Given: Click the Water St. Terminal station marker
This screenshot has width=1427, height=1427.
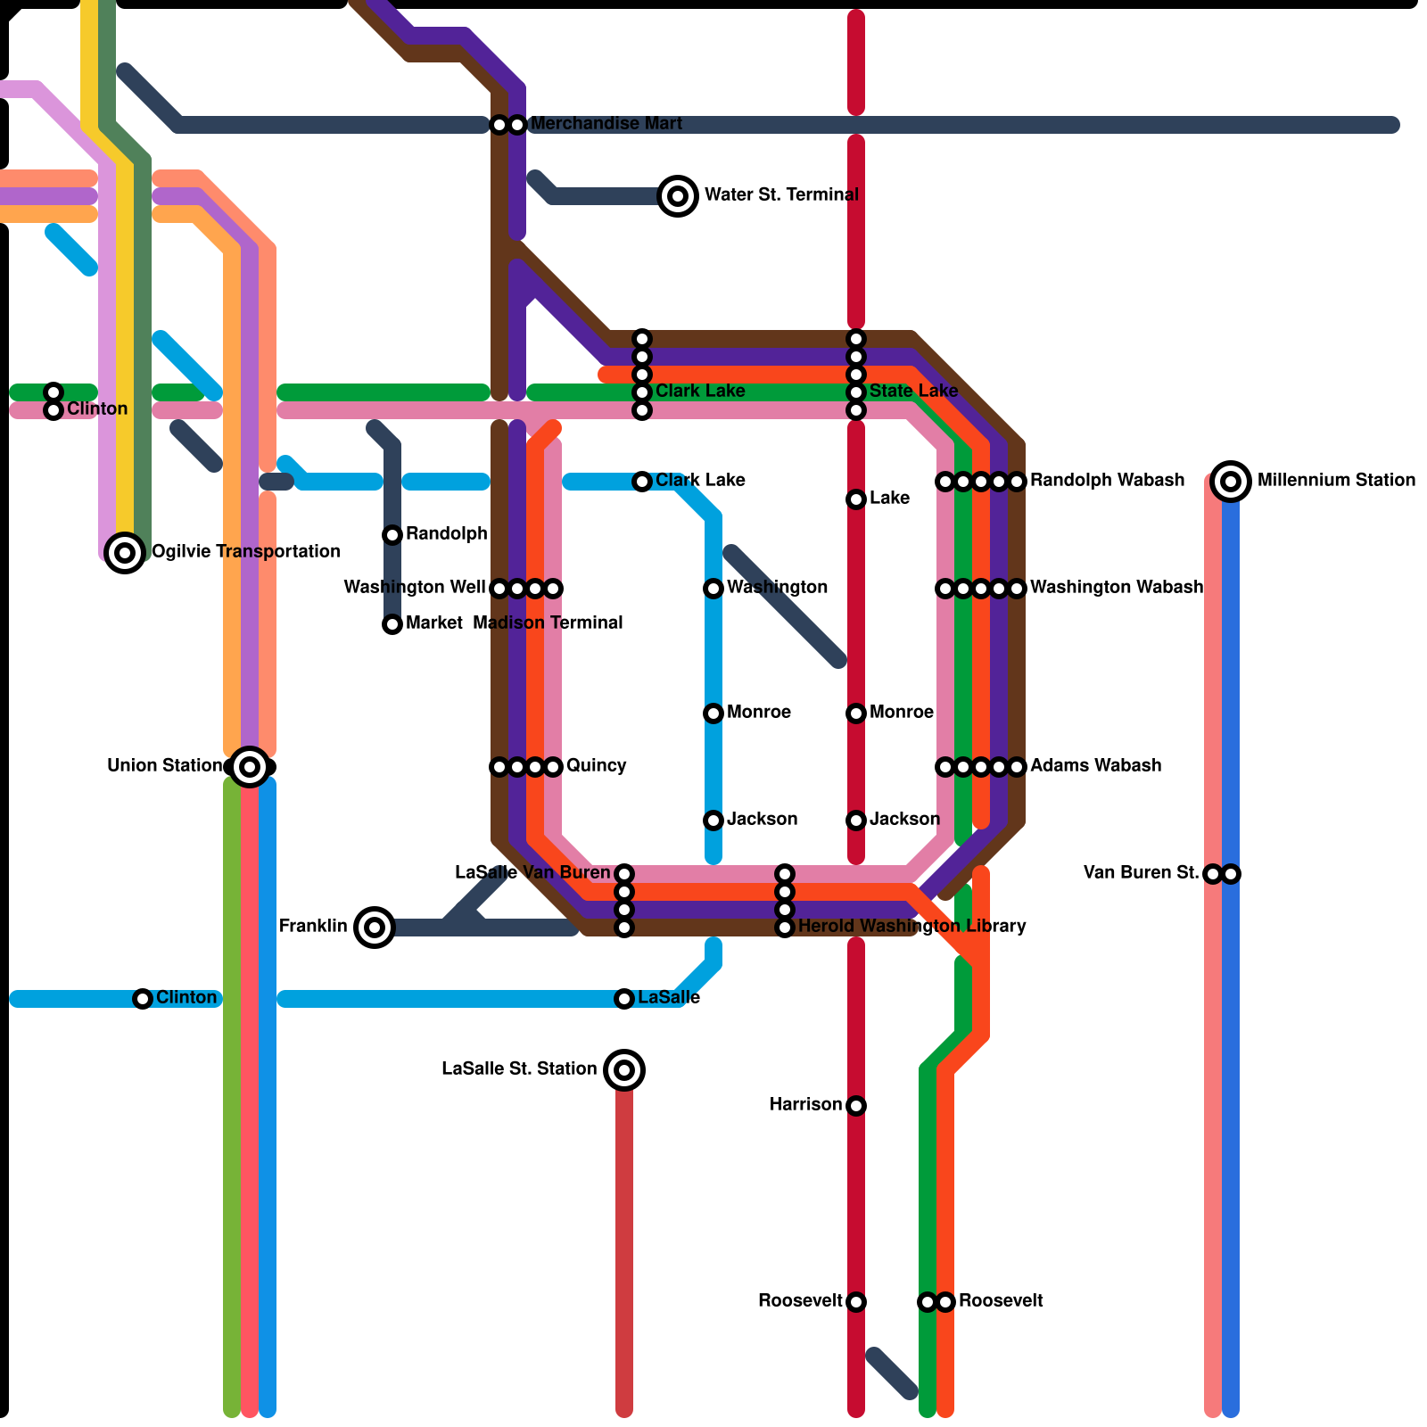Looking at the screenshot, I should point(678,195).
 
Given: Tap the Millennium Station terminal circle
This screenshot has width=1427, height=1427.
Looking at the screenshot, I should point(1231,482).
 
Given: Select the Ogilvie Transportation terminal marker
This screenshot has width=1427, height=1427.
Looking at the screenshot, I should point(125,553).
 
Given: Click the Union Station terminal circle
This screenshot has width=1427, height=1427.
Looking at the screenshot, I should point(250,767).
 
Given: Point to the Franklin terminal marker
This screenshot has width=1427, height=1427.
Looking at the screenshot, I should point(375,928).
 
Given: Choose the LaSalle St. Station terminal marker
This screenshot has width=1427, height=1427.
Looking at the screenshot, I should point(624,1070).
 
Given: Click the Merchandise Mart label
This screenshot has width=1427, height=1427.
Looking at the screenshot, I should point(606,124).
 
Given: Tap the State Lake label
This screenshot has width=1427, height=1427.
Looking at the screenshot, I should point(912,392).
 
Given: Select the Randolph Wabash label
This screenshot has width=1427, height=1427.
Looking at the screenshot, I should point(1107,481).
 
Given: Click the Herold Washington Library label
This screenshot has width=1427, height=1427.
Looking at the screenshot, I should point(911,927).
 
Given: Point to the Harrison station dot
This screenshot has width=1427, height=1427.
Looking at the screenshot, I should point(856,1106).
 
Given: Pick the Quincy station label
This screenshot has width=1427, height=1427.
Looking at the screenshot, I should point(596,766).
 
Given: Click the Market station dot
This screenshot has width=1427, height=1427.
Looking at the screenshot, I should point(392,624).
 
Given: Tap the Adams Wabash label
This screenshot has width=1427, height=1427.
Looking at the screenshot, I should point(1095,766).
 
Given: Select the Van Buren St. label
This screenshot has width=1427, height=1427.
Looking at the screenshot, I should point(1141,873).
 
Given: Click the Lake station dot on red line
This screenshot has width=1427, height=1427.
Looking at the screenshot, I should point(856,499).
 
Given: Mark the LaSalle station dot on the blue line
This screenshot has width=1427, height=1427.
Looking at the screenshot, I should point(624,999).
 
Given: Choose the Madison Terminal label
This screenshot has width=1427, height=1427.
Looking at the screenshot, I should point(548,623).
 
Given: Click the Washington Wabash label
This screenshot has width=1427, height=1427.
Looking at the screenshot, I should point(1116,588).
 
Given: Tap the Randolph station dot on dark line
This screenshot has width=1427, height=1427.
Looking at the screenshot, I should point(392,535).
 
